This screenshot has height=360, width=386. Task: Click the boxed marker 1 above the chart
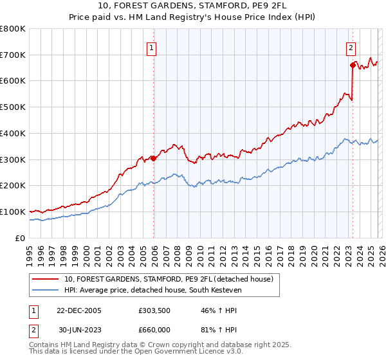pos(151,47)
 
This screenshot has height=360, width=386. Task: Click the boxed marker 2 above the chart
pos(351,47)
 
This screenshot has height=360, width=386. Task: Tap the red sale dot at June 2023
pos(353,65)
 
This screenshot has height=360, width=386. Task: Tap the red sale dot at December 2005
pos(154,158)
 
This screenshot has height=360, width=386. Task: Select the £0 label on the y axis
pos(21,238)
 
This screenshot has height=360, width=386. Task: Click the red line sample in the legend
pos(46,279)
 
